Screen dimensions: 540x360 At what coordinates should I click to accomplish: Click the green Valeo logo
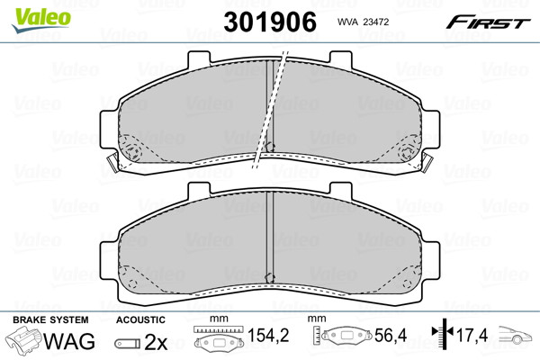click(x=41, y=20)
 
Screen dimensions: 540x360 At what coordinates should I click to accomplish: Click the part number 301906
click(x=270, y=22)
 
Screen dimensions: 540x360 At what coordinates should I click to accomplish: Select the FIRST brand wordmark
click(x=488, y=22)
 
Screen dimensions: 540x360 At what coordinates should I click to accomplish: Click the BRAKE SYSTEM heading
click(x=50, y=319)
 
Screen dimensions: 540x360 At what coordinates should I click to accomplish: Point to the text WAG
click(x=69, y=341)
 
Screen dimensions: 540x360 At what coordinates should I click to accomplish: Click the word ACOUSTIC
click(x=140, y=319)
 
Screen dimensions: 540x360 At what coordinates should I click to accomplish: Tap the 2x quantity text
click(x=156, y=342)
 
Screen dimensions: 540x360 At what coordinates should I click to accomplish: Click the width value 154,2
click(x=268, y=335)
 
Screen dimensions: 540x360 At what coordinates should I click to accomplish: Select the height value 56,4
click(x=391, y=335)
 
